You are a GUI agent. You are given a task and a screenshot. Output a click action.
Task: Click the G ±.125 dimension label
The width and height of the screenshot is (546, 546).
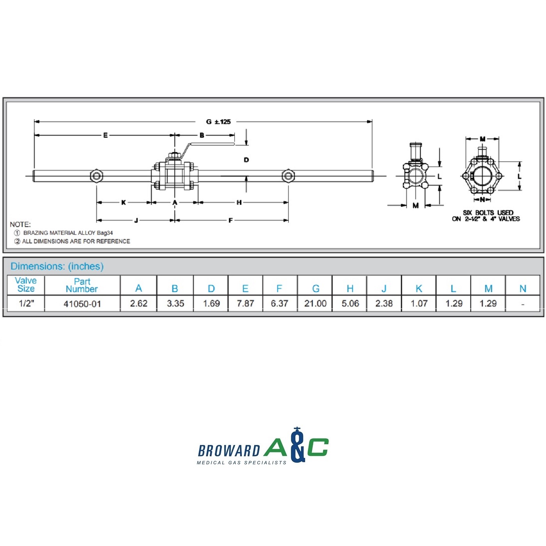pyautogui.click(x=218, y=122)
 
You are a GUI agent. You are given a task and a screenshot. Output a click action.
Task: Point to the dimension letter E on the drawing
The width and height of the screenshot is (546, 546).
pyautogui.click(x=105, y=135)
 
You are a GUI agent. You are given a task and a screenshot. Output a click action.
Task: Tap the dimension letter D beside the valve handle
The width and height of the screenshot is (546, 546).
pyautogui.click(x=246, y=160)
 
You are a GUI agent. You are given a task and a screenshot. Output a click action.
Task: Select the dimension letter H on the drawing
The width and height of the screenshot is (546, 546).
pyautogui.click(x=239, y=202)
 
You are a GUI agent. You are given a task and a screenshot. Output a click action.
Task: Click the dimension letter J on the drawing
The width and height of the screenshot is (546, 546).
pyautogui.click(x=136, y=220)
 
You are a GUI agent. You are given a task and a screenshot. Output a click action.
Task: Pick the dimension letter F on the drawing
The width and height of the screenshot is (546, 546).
pyautogui.click(x=230, y=220)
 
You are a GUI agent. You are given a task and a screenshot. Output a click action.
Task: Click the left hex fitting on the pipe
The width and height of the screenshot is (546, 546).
pyautogui.click(x=96, y=176)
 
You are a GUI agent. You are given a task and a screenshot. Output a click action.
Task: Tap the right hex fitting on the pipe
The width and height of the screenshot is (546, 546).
pyautogui.click(x=288, y=176)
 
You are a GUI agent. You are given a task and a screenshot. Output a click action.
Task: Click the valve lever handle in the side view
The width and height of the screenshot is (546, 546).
pyautogui.click(x=211, y=145)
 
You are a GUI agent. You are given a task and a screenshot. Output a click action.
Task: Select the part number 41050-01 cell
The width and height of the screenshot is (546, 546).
pyautogui.click(x=82, y=304)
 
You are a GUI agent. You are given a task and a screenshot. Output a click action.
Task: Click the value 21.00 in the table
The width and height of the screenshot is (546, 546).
pyautogui.click(x=315, y=303)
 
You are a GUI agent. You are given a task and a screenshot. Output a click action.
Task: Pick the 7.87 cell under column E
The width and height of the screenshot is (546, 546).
pyautogui.click(x=245, y=303)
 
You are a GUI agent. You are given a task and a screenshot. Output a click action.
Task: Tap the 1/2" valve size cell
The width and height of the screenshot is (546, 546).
pyautogui.click(x=26, y=303)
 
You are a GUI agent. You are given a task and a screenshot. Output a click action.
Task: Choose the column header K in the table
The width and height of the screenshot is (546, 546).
pyautogui.click(x=419, y=289)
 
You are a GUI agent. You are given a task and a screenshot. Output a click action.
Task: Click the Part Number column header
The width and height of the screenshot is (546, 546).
pyautogui.click(x=82, y=285)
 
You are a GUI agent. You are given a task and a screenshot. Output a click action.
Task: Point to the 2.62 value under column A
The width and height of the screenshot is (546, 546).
pyautogui.click(x=138, y=303)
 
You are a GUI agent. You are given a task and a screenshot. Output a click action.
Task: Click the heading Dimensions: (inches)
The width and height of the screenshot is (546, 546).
pyautogui.click(x=57, y=266)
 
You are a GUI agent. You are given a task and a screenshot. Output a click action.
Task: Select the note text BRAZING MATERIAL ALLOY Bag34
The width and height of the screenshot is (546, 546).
pyautogui.click(x=68, y=233)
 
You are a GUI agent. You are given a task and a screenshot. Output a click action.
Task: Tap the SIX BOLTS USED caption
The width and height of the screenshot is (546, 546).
pyautogui.click(x=487, y=213)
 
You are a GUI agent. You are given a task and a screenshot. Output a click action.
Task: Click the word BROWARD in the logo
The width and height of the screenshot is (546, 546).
pyautogui.click(x=229, y=451)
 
